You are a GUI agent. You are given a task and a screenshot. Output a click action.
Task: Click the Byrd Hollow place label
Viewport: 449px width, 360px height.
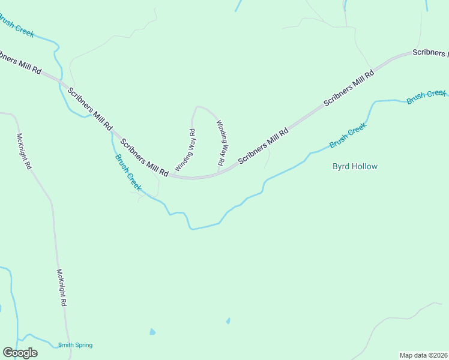point(355,166)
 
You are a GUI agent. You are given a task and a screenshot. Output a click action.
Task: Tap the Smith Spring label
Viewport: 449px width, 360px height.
point(75,345)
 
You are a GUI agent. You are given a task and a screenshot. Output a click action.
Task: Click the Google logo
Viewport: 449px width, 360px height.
point(20,353)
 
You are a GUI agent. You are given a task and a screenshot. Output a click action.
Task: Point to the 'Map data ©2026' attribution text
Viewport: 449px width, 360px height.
point(423,355)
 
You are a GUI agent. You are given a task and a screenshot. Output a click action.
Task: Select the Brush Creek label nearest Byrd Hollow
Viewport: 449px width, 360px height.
point(348,136)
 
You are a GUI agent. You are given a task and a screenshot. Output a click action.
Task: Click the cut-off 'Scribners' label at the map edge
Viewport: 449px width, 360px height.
point(431,53)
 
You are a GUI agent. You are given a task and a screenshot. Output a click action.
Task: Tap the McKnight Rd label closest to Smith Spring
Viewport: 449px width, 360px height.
point(61,287)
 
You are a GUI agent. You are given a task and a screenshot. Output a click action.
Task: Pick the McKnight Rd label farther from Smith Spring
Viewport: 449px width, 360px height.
point(24,151)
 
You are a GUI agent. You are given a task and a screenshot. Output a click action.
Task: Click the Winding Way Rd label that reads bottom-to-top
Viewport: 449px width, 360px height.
point(185,150)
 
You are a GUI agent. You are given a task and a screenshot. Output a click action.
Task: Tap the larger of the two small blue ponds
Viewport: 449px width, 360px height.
point(152,331)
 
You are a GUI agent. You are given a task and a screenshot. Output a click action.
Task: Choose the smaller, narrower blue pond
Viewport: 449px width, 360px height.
point(228,321)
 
